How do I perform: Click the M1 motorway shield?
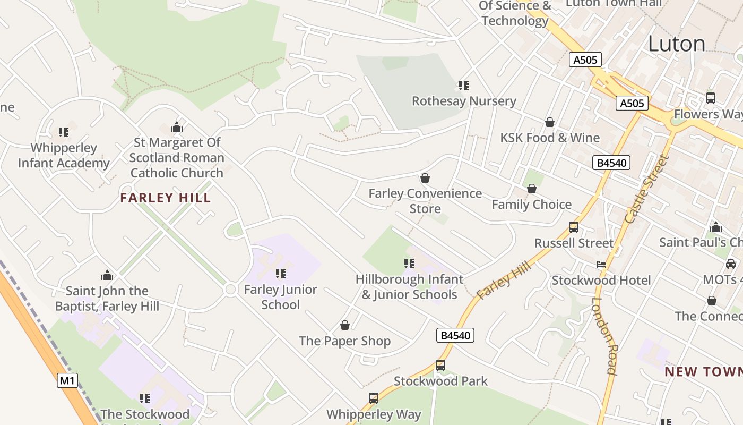tap(67, 380)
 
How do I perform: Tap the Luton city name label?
tap(677, 44)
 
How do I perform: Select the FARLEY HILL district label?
tap(166, 198)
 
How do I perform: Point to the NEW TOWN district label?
tap(704, 371)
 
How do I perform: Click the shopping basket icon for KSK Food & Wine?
tap(550, 122)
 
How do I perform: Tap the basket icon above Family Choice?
tap(532, 189)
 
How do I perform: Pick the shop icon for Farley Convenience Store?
tap(425, 178)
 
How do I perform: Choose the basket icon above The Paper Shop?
tap(345, 325)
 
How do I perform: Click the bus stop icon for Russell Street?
tap(574, 227)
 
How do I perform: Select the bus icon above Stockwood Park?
tap(440, 365)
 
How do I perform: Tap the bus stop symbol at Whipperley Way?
tap(374, 398)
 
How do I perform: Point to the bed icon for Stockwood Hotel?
tap(601, 265)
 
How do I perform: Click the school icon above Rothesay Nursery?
tap(464, 85)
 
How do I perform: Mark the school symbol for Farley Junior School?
tap(281, 274)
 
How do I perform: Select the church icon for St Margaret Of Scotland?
tap(177, 127)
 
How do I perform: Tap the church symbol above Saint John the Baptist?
tap(107, 275)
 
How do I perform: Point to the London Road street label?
tap(604, 336)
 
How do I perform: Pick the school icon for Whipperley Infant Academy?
tap(64, 132)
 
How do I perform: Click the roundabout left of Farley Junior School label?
tap(230, 290)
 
